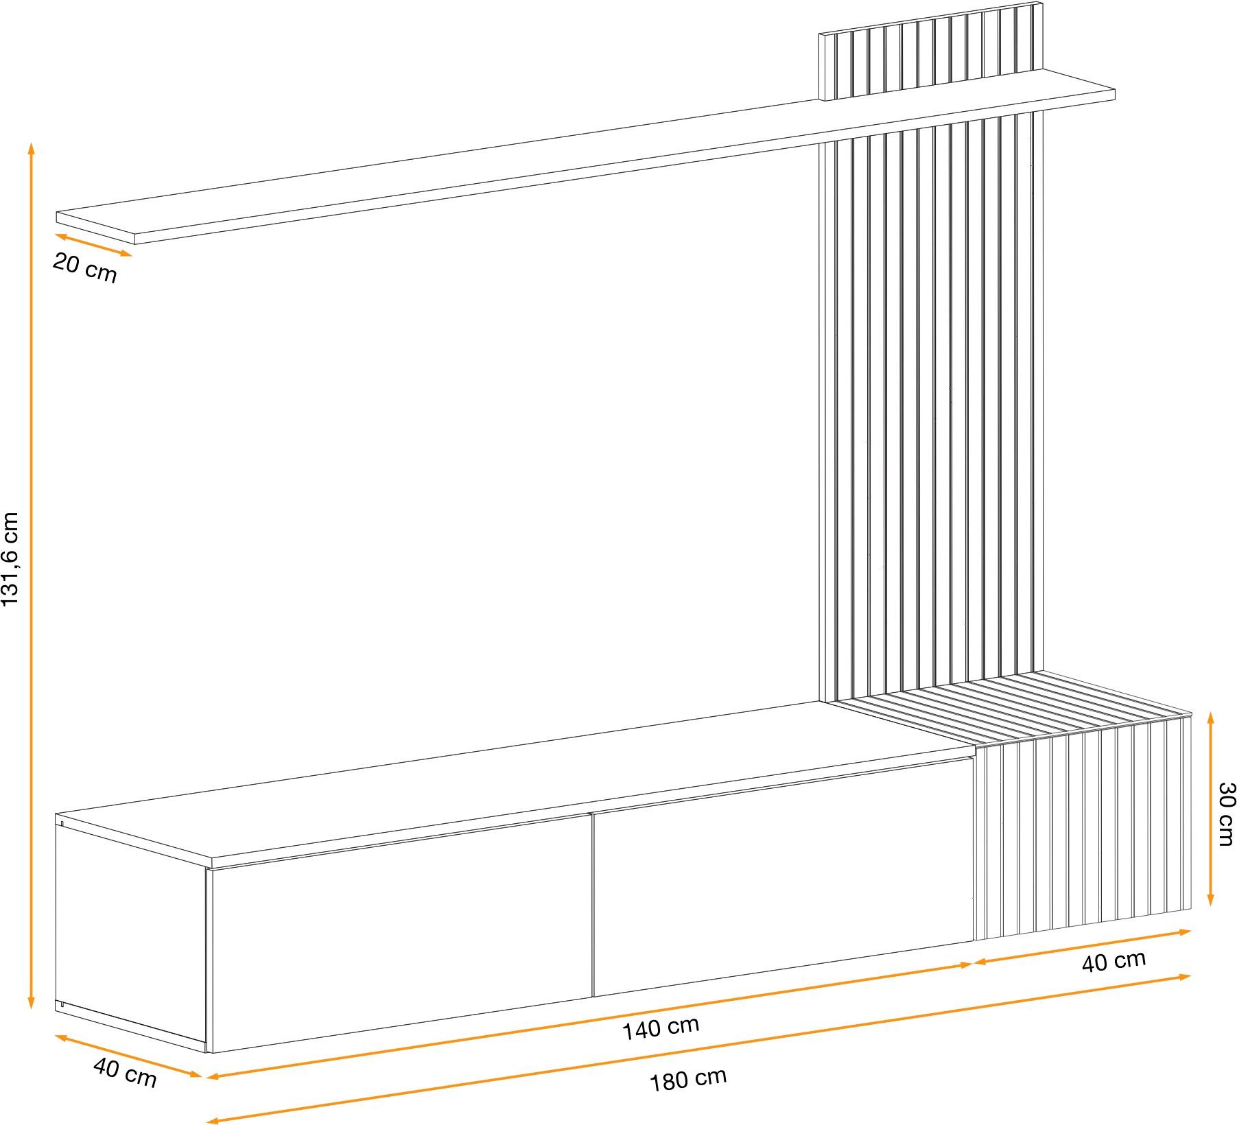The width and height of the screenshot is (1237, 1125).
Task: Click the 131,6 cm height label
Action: [11, 559]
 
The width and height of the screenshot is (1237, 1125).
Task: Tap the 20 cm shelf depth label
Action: [85, 268]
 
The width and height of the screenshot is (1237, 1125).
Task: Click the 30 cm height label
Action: [1225, 814]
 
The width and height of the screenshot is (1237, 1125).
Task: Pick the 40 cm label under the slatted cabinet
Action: [1114, 962]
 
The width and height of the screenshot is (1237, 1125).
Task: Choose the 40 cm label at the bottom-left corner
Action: [125, 1074]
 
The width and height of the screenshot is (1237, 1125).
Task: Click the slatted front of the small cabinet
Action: [1083, 827]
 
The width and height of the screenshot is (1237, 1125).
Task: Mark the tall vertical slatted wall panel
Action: [931, 405]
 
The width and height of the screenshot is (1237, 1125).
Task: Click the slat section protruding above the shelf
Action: [931, 51]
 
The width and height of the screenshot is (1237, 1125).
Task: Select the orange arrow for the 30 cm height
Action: [1211, 809]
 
